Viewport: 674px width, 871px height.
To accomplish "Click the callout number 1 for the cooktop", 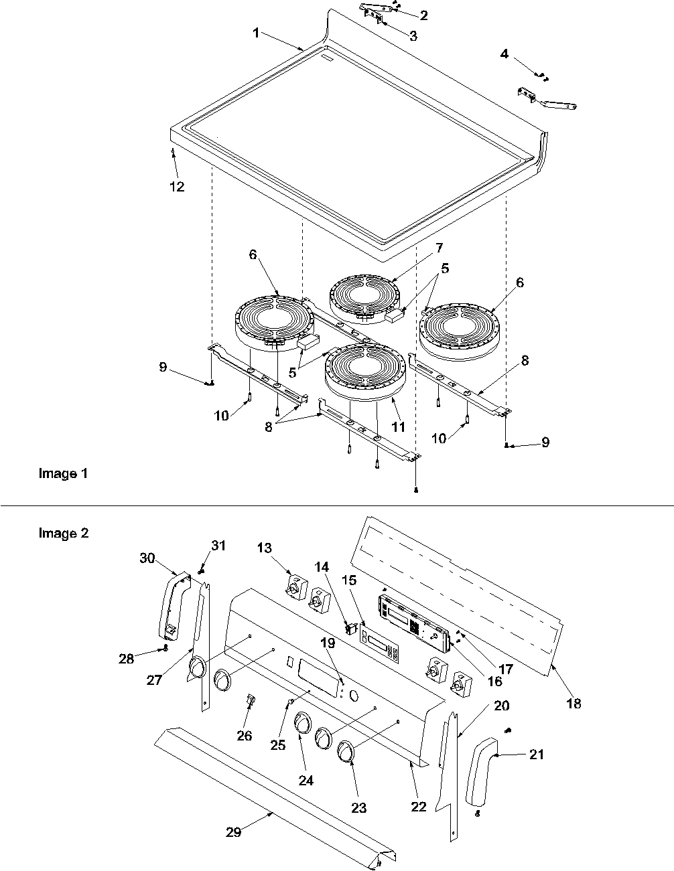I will click(256, 33).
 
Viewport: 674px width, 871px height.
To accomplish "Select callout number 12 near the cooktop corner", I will click(176, 187).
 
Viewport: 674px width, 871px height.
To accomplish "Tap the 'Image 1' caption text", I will click(63, 474).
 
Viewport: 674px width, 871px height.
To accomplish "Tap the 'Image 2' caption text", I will click(63, 534).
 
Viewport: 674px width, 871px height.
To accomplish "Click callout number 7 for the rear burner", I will click(438, 248).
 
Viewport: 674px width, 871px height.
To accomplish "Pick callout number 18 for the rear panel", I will click(574, 704).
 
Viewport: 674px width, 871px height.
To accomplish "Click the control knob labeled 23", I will click(346, 752).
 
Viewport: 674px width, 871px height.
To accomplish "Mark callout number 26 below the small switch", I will click(245, 735).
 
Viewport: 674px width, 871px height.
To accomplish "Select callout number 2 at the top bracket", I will click(423, 15).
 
